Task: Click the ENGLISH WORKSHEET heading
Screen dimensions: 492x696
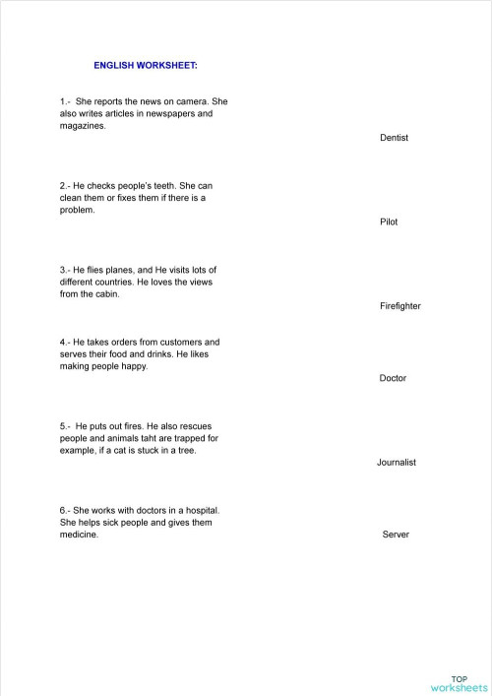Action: pos(145,65)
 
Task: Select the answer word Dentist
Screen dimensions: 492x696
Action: pos(394,138)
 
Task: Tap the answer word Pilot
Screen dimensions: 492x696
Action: pos(389,222)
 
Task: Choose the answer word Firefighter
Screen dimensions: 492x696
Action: pos(400,306)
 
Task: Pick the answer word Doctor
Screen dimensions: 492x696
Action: pos(393,378)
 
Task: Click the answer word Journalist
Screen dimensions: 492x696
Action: pos(397,462)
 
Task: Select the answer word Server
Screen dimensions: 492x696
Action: pos(396,535)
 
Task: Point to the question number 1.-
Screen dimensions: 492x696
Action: pos(66,101)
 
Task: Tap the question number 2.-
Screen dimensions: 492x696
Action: pos(65,185)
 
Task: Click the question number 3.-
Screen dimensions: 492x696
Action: pos(65,270)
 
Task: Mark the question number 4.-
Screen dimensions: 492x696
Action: pos(65,342)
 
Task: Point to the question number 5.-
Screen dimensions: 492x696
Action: pos(66,426)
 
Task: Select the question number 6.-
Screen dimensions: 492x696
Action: pos(65,510)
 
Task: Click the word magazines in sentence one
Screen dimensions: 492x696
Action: pos(83,127)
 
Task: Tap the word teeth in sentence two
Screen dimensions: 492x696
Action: pos(161,185)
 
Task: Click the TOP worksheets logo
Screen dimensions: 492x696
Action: pos(460,683)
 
